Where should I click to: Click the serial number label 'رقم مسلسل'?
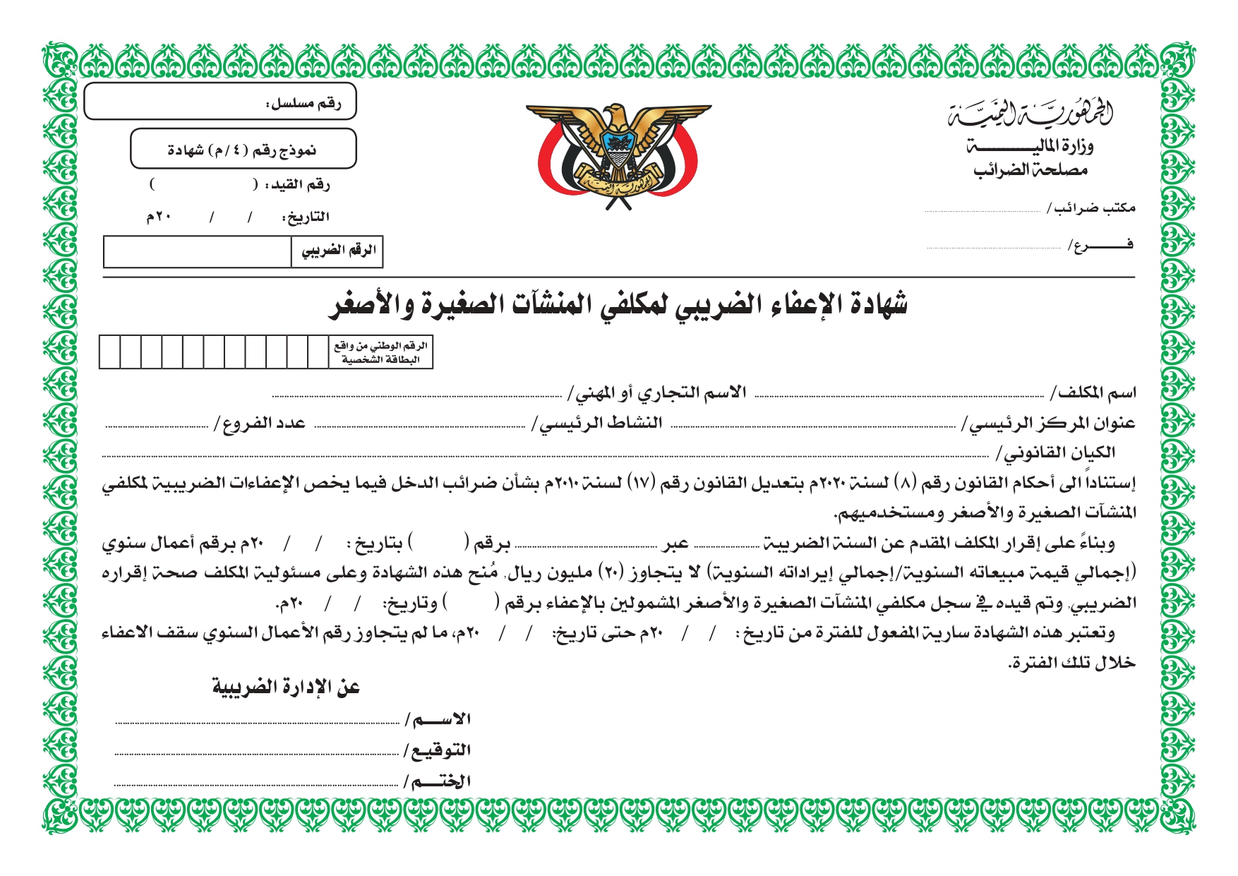[304, 104]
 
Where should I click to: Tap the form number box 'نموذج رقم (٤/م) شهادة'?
[243, 149]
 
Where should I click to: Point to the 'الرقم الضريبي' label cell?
[338, 251]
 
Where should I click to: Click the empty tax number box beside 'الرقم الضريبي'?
[197, 252]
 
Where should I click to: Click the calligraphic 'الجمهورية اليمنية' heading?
[1030, 112]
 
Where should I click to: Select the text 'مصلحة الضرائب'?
[1030, 170]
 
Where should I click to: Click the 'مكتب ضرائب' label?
[1091, 208]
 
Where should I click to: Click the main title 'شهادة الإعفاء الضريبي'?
[618, 304]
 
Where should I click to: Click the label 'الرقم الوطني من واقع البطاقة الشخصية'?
[381, 352]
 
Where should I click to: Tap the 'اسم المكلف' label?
[1093, 392]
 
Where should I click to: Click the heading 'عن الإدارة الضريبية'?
[287, 687]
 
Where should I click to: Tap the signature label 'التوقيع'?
[437, 750]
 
